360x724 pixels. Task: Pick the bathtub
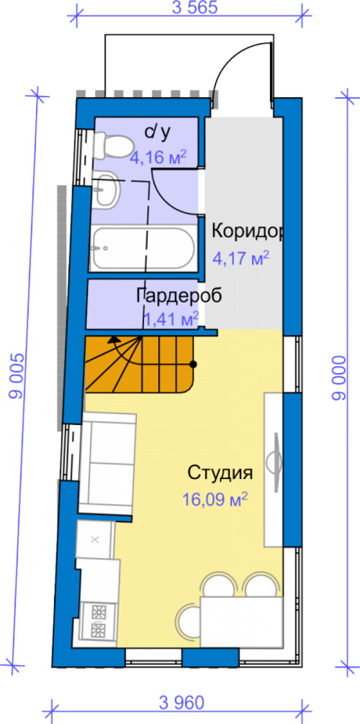[x=143, y=249]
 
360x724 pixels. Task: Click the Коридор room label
[x=247, y=232]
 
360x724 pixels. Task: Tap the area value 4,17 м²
[x=241, y=257]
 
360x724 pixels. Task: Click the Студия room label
[x=220, y=472]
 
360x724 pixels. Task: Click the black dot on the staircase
[x=193, y=363]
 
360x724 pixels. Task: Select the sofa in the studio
[x=108, y=464]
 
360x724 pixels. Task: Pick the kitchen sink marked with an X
[x=96, y=540]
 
